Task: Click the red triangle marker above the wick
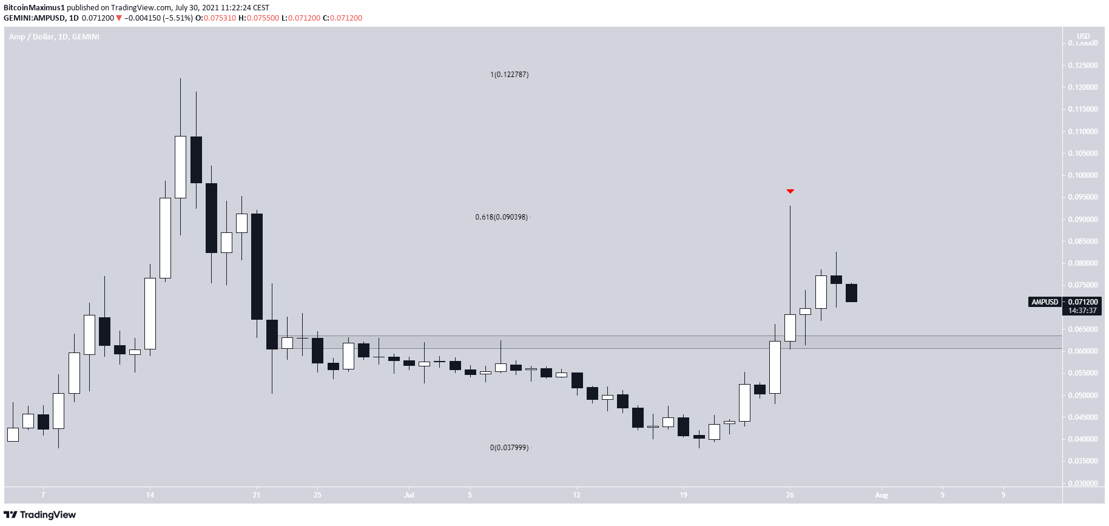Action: click(790, 191)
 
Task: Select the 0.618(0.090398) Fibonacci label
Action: click(501, 217)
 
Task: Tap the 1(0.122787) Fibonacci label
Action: click(509, 75)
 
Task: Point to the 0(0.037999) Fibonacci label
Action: click(509, 448)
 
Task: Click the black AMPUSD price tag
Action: click(1045, 302)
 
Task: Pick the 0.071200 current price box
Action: click(1082, 302)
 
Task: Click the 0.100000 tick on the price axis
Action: click(1082, 175)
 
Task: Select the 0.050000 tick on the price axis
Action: click(1082, 396)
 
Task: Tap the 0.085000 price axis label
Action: click(1082, 241)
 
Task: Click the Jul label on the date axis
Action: click(409, 495)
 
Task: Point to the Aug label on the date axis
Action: click(881, 495)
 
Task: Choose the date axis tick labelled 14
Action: click(150, 495)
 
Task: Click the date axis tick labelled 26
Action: click(789, 495)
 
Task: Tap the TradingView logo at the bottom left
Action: click(40, 515)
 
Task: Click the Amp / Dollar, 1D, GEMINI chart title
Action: click(54, 37)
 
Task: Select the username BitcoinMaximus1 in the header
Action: click(34, 8)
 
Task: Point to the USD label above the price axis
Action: click(1083, 36)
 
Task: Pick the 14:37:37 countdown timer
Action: click(1082, 311)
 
